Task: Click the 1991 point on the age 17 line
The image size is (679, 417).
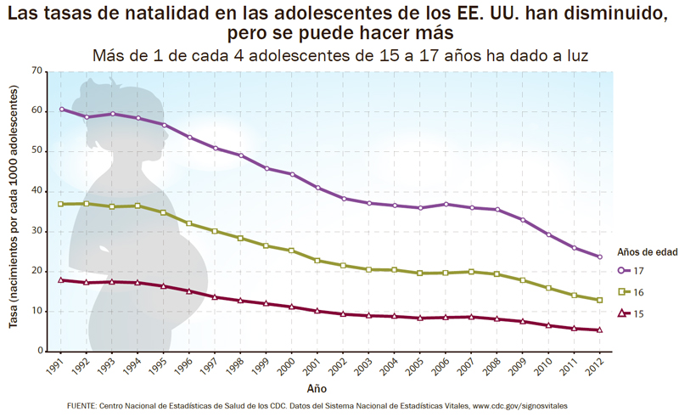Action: (x=61, y=109)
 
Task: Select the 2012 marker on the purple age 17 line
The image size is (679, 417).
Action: (x=600, y=256)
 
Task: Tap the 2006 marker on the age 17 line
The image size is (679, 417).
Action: (x=446, y=204)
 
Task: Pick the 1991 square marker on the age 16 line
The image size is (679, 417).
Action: (x=61, y=204)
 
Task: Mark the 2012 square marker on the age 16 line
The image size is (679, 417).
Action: (x=600, y=300)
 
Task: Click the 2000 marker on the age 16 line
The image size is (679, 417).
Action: (x=292, y=251)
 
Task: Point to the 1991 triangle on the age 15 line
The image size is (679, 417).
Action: (x=61, y=279)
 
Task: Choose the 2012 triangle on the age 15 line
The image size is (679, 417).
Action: (x=600, y=330)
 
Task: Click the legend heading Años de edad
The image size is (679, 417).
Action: (x=644, y=252)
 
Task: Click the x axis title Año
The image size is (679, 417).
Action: (x=317, y=387)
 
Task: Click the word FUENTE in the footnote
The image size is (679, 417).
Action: (x=82, y=408)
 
